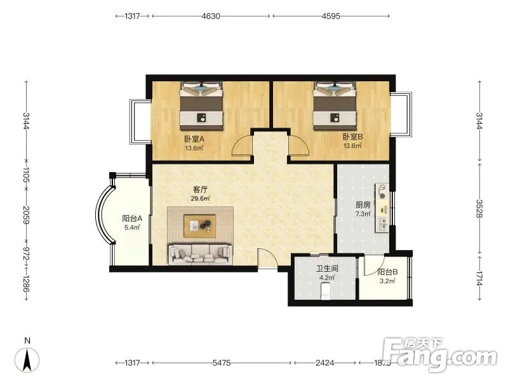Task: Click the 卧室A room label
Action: coord(194,139)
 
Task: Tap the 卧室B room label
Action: coord(352,137)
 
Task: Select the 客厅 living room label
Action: coord(200,189)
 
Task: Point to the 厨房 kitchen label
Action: coord(363,204)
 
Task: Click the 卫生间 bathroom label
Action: coord(327,269)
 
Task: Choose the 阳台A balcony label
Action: coord(132,218)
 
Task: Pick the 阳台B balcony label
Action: coord(387,272)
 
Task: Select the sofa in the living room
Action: coord(200,255)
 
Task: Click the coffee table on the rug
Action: coord(200,226)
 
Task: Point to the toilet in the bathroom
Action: coord(325,291)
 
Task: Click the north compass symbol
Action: coord(27,359)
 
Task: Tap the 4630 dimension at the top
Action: coord(211,16)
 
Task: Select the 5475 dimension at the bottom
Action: coord(222,363)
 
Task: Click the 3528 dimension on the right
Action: coord(479,208)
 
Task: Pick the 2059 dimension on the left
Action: coord(26,215)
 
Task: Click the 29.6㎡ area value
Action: coord(200,198)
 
